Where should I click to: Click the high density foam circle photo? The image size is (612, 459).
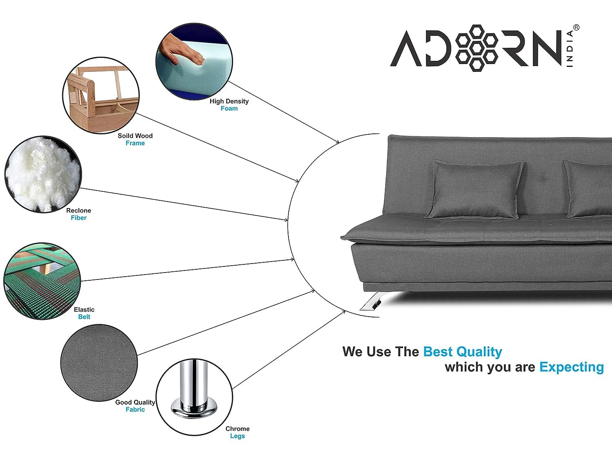pos(194,62)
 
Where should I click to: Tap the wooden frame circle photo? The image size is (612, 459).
pos(101,95)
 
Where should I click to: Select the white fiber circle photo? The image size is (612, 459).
pos(43,175)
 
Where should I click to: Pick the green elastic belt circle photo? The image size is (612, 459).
pos(42,281)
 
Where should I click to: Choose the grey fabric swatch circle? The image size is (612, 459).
pos(99,363)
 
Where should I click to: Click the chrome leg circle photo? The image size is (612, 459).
pos(194,397)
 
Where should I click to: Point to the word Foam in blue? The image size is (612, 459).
pos(229,109)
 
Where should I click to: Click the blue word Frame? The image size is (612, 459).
pos(135,143)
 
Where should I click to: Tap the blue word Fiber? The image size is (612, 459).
pos(79,217)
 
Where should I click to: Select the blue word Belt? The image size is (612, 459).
pos(84,317)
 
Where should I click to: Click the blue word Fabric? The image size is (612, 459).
pos(135,409)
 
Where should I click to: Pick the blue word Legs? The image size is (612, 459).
pos(237,436)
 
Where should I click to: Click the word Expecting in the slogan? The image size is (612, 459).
pos(572,367)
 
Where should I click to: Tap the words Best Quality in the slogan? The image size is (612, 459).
pos(463,352)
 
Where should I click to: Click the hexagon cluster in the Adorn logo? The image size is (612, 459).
pos(477,48)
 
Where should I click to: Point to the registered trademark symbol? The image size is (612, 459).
pos(576,28)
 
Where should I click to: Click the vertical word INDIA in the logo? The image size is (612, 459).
pos(570,49)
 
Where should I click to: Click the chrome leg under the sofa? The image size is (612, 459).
pos(373,301)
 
